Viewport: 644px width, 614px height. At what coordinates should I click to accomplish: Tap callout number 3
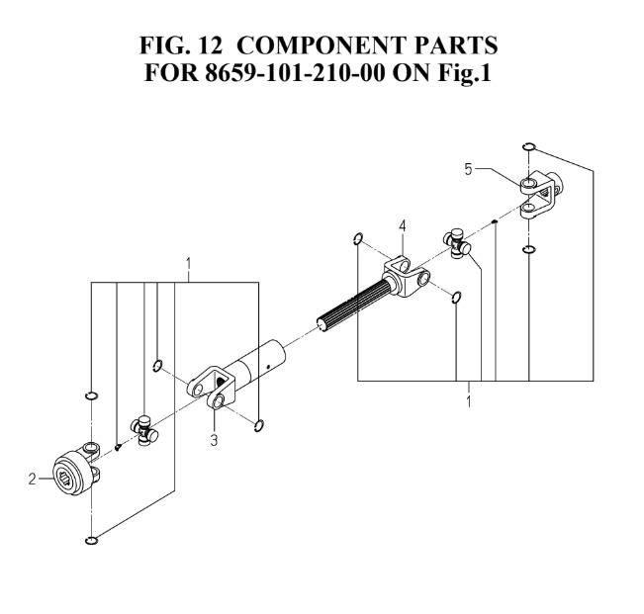click(x=214, y=440)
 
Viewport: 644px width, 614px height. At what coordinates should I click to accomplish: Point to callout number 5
click(x=468, y=169)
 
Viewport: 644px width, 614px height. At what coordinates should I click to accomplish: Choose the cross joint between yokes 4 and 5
click(x=456, y=241)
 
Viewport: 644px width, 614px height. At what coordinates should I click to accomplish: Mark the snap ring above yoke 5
click(x=529, y=148)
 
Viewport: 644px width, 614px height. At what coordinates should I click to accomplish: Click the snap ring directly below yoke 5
click(x=529, y=248)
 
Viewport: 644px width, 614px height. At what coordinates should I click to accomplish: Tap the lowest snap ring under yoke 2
click(x=92, y=540)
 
